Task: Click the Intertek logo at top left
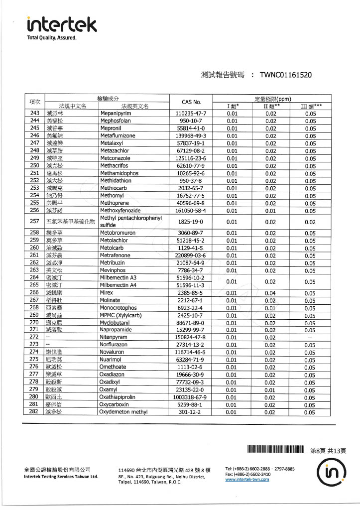click(x=62, y=23)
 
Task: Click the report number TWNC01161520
click(x=286, y=75)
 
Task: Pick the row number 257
click(x=34, y=221)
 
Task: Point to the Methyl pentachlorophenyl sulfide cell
click(x=131, y=221)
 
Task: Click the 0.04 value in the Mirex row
click(x=270, y=292)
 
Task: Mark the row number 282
click(x=34, y=412)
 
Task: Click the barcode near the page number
click(x=274, y=450)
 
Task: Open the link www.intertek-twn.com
click(x=247, y=480)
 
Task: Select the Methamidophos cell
click(x=119, y=173)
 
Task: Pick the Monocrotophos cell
click(x=121, y=308)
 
